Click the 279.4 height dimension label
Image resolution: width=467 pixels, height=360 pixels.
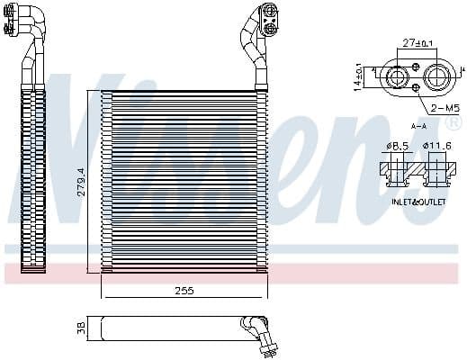click(80, 183)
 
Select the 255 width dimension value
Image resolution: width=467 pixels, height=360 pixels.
click(184, 292)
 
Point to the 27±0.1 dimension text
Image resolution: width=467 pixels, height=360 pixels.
click(418, 42)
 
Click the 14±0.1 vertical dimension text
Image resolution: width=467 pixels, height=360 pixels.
click(359, 77)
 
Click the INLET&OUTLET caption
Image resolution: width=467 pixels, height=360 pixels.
click(418, 202)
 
